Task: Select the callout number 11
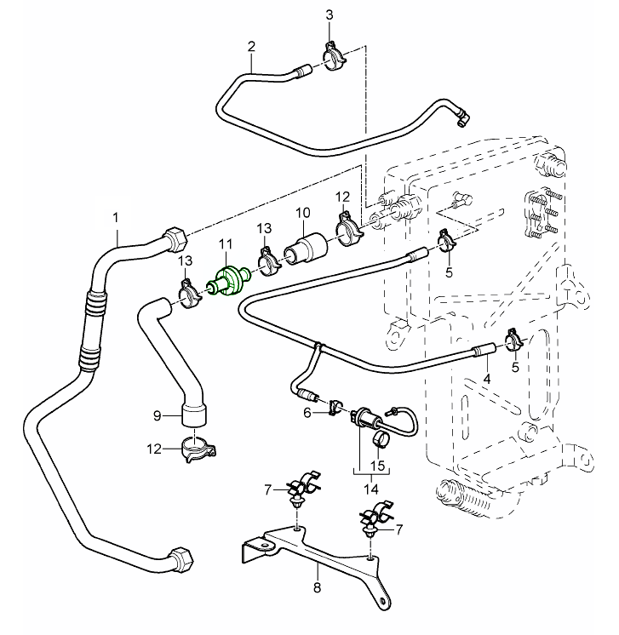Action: (225, 245)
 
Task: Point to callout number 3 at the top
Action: (330, 15)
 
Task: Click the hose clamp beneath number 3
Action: (332, 59)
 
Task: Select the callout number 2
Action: (251, 47)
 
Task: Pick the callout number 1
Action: (116, 217)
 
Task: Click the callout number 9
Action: (157, 415)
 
